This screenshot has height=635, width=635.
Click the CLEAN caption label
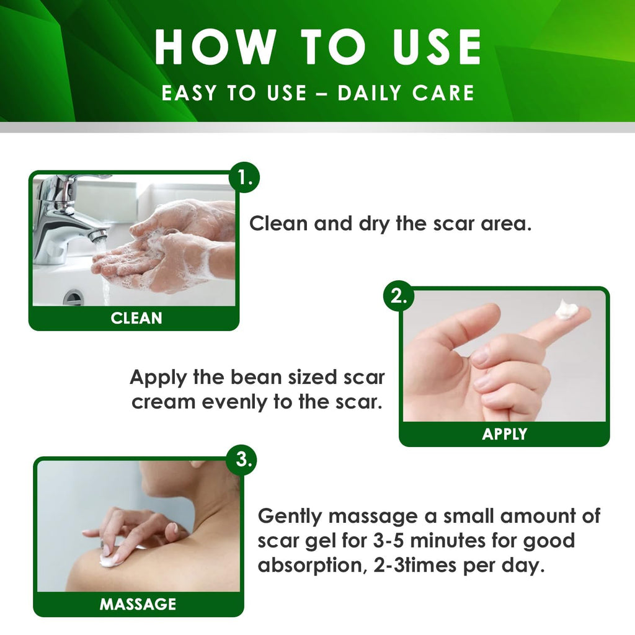click(x=136, y=318)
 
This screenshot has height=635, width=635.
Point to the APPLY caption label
click(x=504, y=434)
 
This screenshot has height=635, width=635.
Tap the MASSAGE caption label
click(x=138, y=604)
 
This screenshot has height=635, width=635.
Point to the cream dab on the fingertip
click(x=566, y=310)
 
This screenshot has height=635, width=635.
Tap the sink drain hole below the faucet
click(x=74, y=297)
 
